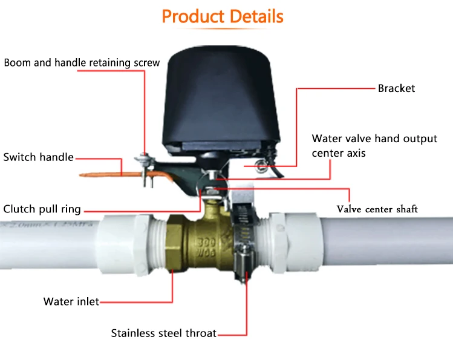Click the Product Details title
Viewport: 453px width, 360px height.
tap(223, 16)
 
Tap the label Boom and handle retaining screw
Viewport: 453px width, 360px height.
tap(82, 63)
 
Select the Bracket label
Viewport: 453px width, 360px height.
tap(396, 88)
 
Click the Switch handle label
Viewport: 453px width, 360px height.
tap(39, 157)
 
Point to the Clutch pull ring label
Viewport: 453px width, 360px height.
tap(42, 209)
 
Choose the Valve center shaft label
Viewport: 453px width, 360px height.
tap(377, 209)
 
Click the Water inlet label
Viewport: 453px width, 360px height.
tap(71, 301)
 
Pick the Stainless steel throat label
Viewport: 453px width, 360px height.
tap(163, 333)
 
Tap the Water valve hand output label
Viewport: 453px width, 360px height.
tap(374, 139)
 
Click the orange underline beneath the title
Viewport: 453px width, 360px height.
tap(223, 29)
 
